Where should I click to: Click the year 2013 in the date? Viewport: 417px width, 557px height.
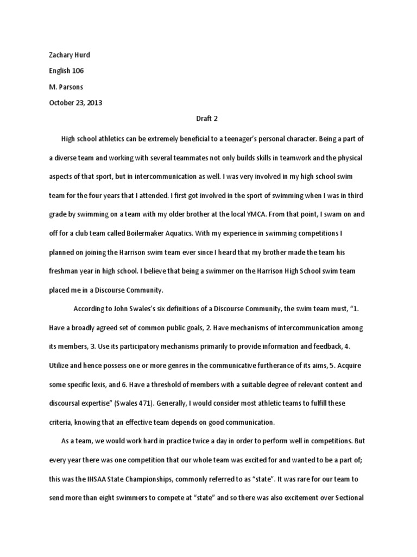click(93, 102)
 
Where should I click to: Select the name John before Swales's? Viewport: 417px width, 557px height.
click(127, 309)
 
